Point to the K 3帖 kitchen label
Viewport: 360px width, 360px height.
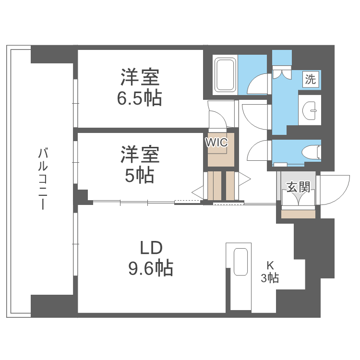[x=270, y=271]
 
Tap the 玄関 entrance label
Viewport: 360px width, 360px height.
[x=298, y=187]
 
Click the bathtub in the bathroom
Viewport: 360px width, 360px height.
[x=225, y=75]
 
